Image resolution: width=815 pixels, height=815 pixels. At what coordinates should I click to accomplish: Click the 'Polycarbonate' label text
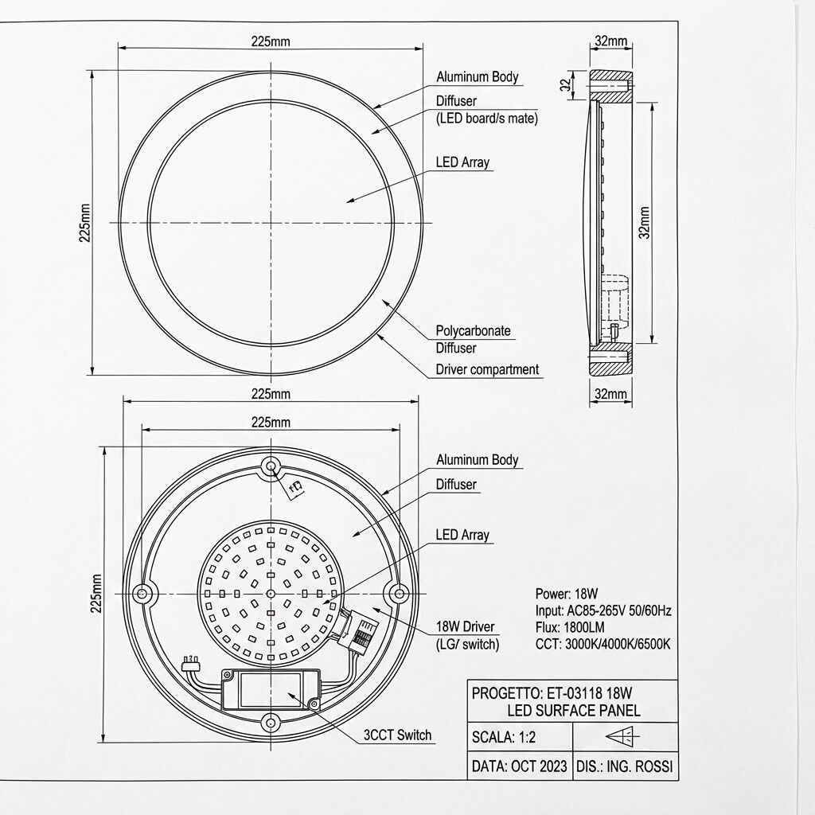pos(473,330)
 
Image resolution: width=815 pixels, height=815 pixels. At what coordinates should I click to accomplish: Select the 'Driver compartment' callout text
pos(487,369)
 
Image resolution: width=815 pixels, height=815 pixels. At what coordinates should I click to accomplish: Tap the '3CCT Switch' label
pos(398,735)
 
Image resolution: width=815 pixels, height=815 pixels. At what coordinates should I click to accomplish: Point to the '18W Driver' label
pos(465,626)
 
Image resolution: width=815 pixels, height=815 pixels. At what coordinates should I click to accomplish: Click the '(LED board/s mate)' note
pos(487,119)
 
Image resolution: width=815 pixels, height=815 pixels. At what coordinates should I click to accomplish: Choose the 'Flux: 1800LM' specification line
pos(570,627)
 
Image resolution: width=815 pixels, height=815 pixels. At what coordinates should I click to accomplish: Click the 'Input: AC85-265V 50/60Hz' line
pos(603,610)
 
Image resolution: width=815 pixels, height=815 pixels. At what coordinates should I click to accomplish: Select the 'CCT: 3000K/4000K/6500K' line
pos(603,645)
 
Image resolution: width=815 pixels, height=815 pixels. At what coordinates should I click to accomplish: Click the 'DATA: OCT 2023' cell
pos(520,766)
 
